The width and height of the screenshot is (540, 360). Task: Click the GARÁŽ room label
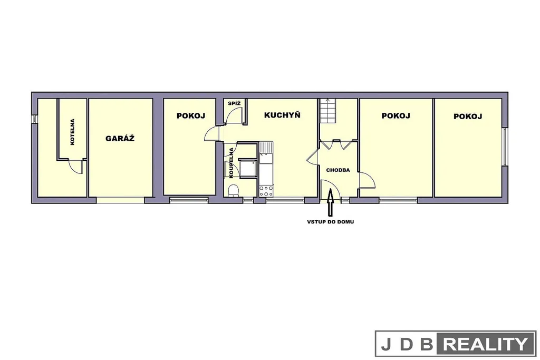tap(120, 138)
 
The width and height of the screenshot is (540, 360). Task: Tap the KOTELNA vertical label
tap(72, 132)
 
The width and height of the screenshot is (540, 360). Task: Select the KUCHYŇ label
tap(282, 115)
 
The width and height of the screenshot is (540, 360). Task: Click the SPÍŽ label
tap(234, 103)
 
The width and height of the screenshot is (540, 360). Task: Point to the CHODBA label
tap(338, 170)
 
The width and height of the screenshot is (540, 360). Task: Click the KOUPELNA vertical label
tap(231, 163)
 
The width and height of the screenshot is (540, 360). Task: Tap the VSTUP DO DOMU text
tap(330, 222)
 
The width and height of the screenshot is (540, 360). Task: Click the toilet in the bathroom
tap(234, 190)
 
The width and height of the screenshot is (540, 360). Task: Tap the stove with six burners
tap(266, 191)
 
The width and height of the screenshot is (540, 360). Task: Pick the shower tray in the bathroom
tap(248, 169)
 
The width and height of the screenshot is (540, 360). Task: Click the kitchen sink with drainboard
tap(266, 152)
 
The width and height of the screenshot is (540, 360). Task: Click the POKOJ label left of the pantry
tap(191, 115)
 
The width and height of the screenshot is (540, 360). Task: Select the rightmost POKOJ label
tap(468, 116)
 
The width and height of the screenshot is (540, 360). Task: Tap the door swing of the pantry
tap(234, 115)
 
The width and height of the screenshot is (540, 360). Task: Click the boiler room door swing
tap(75, 167)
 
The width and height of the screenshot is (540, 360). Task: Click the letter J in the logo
tap(386, 345)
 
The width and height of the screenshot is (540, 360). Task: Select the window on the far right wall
tap(505, 147)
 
